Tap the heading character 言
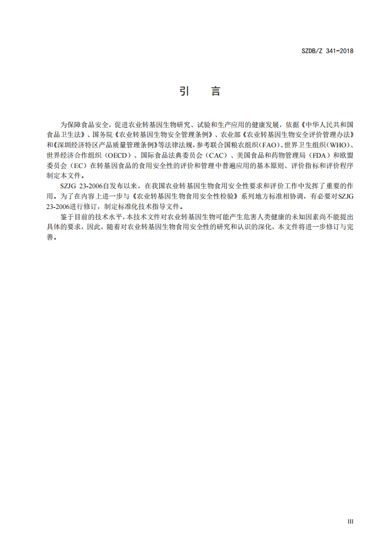tap(215, 91)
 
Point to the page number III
tap(351, 521)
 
